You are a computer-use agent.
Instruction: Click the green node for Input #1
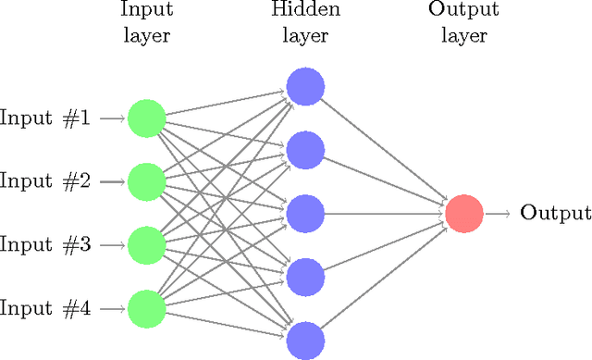click(x=146, y=118)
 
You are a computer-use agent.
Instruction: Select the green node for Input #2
click(x=146, y=182)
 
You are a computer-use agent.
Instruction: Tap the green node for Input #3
click(x=146, y=245)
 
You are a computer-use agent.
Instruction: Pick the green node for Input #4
click(x=146, y=309)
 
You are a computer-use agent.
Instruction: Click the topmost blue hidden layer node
click(x=304, y=87)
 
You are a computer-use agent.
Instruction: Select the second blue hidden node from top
click(x=304, y=150)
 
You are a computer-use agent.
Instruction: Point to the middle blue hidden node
click(x=304, y=214)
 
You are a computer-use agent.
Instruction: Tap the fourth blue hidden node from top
click(x=304, y=277)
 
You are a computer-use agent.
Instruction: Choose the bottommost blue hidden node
click(x=304, y=340)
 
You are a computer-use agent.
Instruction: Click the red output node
click(x=463, y=214)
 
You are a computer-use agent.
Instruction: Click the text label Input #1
click(x=45, y=118)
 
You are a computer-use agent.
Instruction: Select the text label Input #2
click(x=45, y=182)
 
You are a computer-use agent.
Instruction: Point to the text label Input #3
click(x=45, y=245)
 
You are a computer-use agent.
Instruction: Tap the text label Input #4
click(x=45, y=309)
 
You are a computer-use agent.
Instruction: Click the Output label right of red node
click(x=555, y=214)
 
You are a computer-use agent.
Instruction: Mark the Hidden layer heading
click(x=304, y=23)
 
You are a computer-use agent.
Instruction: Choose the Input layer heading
click(x=146, y=23)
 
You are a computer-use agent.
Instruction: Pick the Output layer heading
click(x=463, y=23)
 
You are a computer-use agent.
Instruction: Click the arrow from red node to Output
click(x=498, y=214)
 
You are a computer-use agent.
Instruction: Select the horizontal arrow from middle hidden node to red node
click(x=384, y=214)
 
